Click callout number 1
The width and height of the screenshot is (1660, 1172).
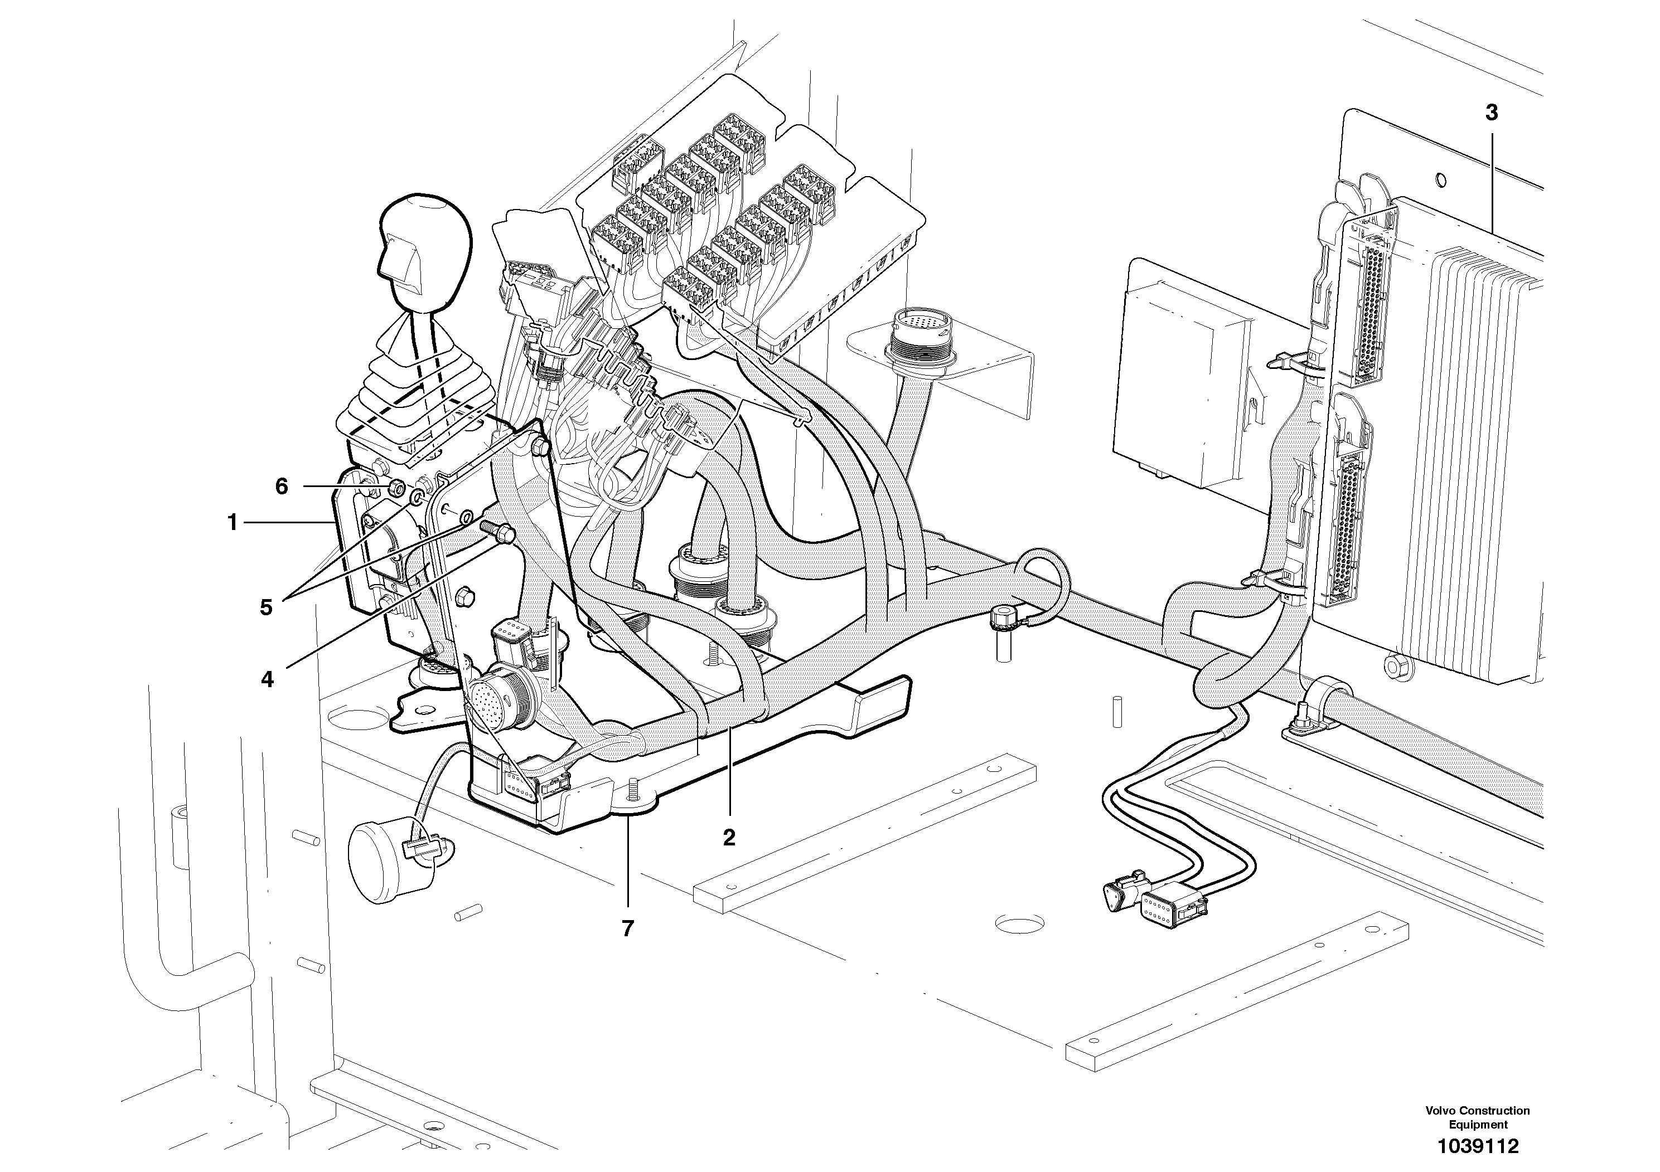(232, 522)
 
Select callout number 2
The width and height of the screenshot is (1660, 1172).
(729, 838)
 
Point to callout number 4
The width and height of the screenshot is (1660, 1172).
(268, 679)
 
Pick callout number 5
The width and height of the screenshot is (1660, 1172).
(266, 607)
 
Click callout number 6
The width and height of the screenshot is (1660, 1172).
(281, 487)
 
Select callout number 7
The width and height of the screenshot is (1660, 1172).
(627, 928)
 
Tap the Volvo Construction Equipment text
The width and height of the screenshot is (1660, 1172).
(1478, 1117)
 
